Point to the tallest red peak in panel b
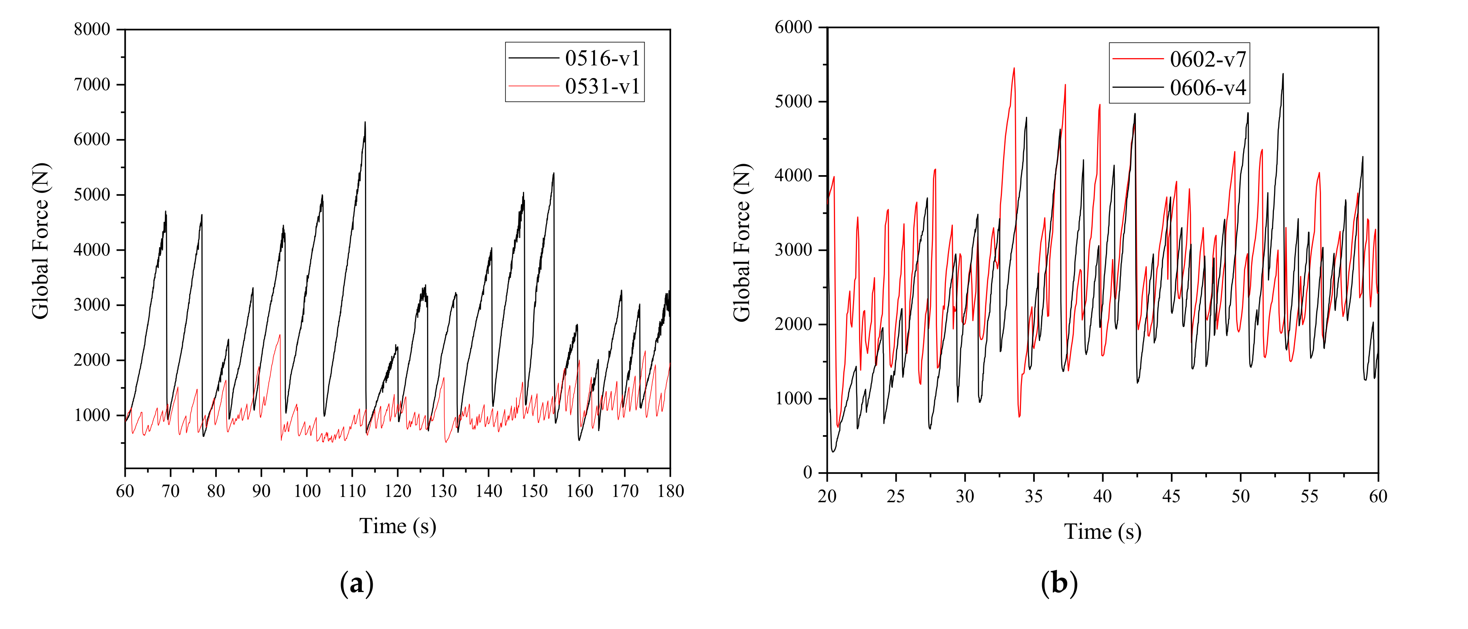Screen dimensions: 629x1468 pyautogui.click(x=1014, y=68)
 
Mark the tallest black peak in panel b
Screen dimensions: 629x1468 pyautogui.click(x=1283, y=74)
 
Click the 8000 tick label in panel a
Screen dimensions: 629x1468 pyautogui.click(x=92, y=30)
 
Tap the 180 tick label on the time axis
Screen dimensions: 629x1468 pyautogui.click(x=670, y=490)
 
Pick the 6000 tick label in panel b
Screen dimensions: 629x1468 pyautogui.click(x=793, y=27)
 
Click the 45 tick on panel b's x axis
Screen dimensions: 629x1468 pyautogui.click(x=1171, y=496)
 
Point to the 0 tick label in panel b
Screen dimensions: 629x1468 pyautogui.click(x=807, y=472)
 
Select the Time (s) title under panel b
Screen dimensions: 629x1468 pyautogui.click(x=1102, y=531)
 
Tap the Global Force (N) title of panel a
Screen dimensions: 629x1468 pyautogui.click(x=41, y=241)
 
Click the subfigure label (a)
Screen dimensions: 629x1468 pyautogui.click(x=357, y=584)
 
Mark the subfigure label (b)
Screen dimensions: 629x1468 pyautogui.click(x=1059, y=584)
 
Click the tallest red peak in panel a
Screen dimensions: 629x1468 pyautogui.click(x=279, y=335)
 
